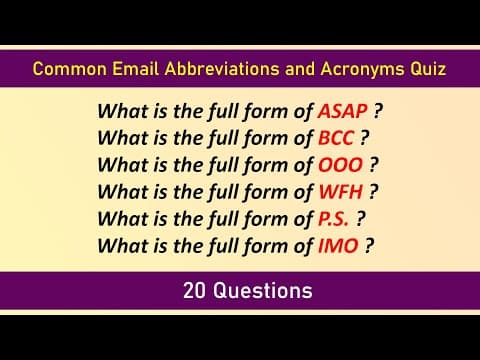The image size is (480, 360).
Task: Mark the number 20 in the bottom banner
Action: coord(194,291)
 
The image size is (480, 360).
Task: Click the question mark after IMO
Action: coord(369,242)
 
